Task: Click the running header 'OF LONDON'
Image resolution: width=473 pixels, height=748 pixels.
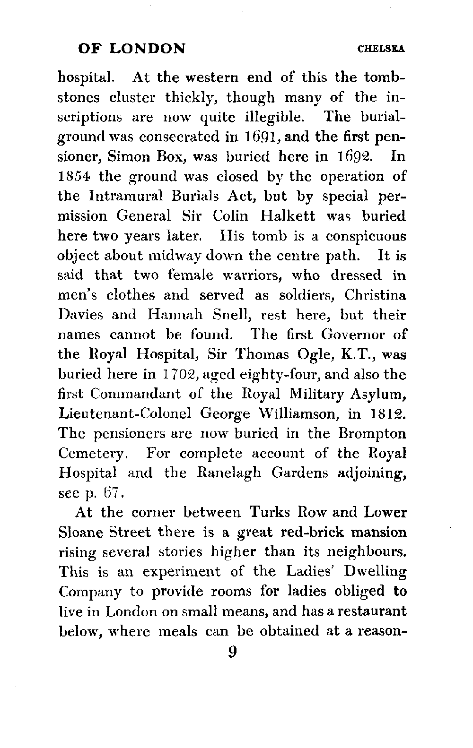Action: pyautogui.click(x=131, y=48)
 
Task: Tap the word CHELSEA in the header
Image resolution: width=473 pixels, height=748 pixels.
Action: pyautogui.click(x=383, y=49)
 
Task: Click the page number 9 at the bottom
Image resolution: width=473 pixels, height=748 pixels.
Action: pyautogui.click(x=232, y=652)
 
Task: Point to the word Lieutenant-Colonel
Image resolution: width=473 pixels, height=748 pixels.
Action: pyautogui.click(x=124, y=414)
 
